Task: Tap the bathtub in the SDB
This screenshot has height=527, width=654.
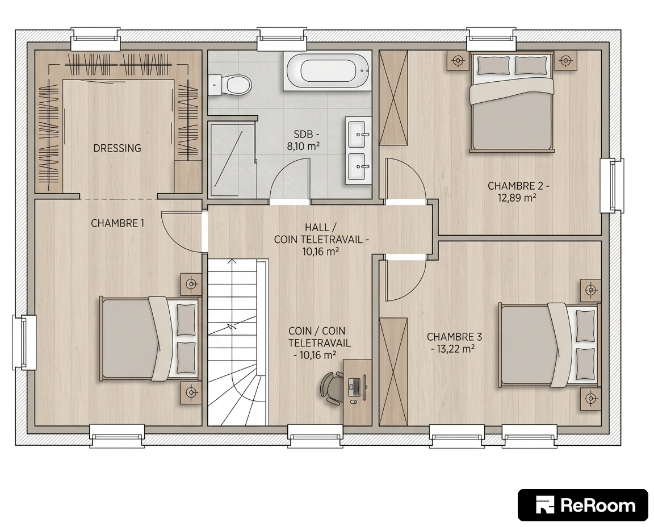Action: (x=328, y=71)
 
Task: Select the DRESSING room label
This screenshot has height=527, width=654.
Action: (x=117, y=148)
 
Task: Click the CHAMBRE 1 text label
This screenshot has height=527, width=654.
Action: (x=118, y=223)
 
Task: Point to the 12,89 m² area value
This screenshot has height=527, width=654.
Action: (x=517, y=198)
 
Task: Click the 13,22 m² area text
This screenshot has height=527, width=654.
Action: (x=452, y=349)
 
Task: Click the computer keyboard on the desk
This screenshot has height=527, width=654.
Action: (x=354, y=387)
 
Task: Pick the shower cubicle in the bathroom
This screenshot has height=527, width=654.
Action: (x=232, y=158)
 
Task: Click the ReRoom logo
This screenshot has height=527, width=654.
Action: (x=582, y=505)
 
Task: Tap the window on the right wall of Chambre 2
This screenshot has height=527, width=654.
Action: (x=612, y=186)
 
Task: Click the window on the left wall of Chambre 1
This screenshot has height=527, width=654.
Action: (x=24, y=342)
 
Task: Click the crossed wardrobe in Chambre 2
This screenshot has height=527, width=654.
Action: (x=394, y=97)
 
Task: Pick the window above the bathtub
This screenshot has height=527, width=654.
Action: (x=282, y=39)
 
